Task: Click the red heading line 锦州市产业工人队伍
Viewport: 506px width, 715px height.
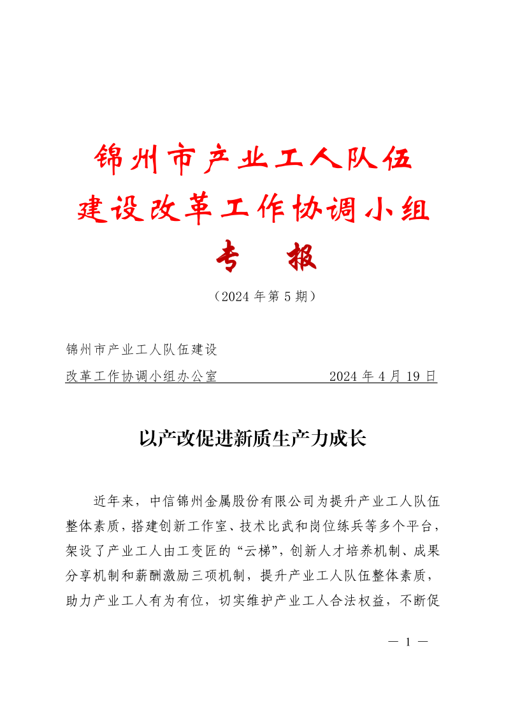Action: click(x=253, y=159)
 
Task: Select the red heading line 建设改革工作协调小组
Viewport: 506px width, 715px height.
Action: click(x=253, y=209)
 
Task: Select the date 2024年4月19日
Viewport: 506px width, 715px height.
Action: click(x=383, y=376)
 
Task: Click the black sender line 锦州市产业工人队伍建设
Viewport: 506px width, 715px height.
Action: click(x=141, y=350)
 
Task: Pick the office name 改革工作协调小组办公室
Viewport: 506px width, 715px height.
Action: click(x=141, y=376)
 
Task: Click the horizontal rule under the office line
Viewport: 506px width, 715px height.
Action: click(x=252, y=383)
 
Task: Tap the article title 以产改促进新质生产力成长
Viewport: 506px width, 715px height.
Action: click(x=253, y=439)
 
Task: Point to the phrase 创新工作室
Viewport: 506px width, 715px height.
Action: click(x=189, y=526)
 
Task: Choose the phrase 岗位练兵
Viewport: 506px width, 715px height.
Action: click(x=336, y=526)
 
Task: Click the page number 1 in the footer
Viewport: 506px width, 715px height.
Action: click(x=406, y=642)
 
